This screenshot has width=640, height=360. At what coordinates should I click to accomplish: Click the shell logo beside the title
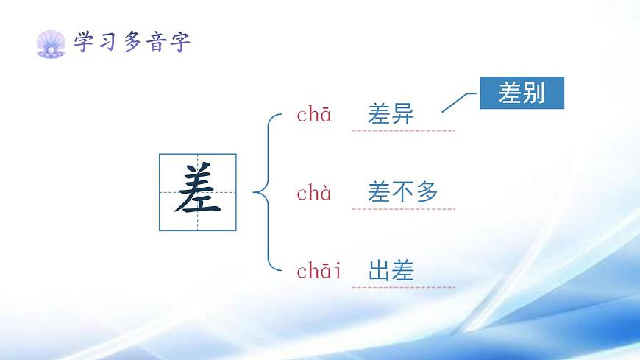click(51, 43)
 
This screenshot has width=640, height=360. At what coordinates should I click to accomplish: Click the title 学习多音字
click(132, 43)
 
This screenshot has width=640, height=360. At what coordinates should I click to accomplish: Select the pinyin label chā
click(313, 115)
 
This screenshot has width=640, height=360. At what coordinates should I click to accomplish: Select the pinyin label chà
click(313, 194)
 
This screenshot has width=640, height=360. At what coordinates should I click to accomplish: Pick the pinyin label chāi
click(319, 271)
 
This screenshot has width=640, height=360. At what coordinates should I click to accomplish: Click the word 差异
click(391, 115)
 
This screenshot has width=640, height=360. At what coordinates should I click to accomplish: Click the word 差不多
click(402, 193)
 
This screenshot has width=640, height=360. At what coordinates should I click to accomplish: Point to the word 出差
click(391, 271)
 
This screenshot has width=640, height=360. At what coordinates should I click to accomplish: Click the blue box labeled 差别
click(522, 93)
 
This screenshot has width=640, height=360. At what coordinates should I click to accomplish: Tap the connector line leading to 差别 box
click(461, 102)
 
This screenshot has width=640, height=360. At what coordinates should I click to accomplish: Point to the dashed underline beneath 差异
click(403, 131)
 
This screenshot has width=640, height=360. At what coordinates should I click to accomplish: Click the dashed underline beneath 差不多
click(403, 209)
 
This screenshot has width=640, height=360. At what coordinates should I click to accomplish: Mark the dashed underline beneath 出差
click(403, 287)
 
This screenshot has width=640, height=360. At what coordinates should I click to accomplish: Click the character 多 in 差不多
click(427, 193)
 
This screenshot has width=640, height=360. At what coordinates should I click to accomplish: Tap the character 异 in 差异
click(403, 115)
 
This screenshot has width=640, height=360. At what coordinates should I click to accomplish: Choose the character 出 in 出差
click(379, 271)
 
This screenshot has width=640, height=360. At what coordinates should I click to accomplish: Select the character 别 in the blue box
click(534, 93)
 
